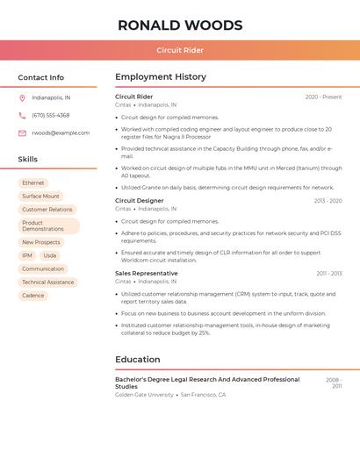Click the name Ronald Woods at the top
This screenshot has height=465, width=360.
tap(180, 25)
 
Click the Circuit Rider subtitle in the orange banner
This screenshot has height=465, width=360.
tap(180, 50)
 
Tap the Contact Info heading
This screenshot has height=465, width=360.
tap(41, 77)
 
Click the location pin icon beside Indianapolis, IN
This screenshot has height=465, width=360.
tap(22, 97)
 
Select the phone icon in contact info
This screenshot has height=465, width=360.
tap(22, 115)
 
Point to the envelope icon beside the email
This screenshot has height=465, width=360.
tap(22, 133)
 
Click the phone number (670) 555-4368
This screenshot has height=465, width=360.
tap(51, 115)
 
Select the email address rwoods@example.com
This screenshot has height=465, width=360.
tap(61, 133)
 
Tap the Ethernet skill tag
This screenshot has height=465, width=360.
tap(33, 183)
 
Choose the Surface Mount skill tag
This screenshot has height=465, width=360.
tap(41, 197)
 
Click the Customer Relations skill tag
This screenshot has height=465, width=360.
tap(47, 210)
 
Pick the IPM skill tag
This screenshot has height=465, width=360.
tap(27, 255)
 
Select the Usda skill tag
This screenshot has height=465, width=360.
tap(50, 255)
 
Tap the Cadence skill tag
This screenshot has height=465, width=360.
tap(33, 296)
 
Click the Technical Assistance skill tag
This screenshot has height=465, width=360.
tap(48, 283)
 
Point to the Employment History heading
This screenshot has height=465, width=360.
tap(161, 77)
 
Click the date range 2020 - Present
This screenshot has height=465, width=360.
tap(323, 97)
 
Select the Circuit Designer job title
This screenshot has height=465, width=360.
tap(139, 201)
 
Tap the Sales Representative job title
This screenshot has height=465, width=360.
tap(146, 273)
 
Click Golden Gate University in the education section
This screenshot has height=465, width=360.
tap(144, 395)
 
